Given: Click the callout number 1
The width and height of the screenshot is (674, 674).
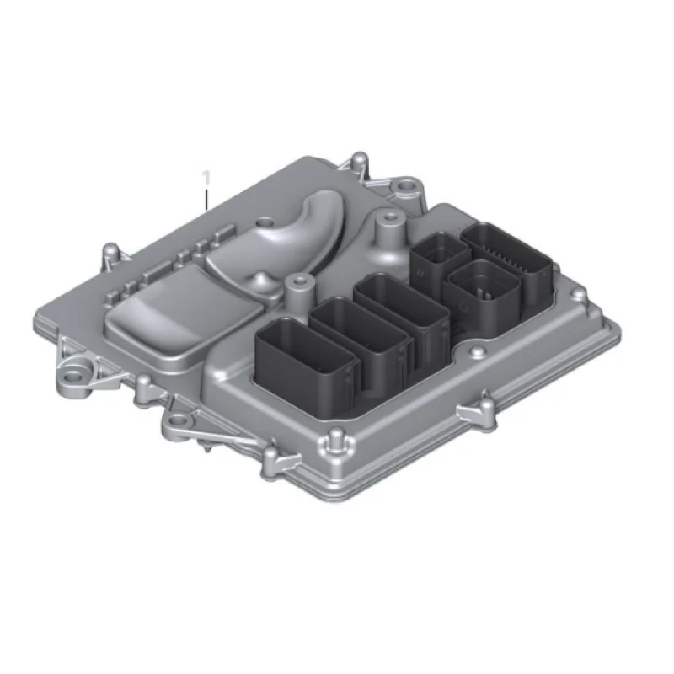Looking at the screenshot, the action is (206, 178).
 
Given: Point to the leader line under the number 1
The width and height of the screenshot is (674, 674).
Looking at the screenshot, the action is (206, 199).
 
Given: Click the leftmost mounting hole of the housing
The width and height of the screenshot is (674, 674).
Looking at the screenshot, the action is (74, 378).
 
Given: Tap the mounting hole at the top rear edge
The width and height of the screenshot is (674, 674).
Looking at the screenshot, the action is (404, 186).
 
